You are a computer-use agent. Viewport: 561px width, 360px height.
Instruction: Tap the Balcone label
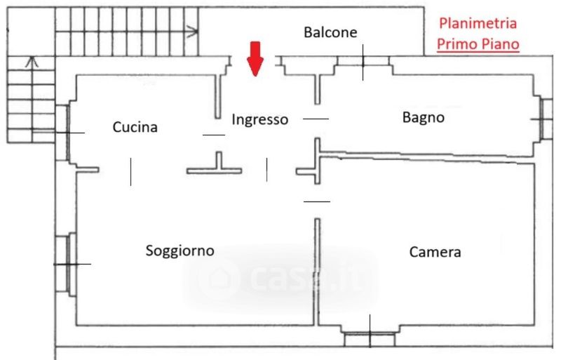pyautogui.click(x=330, y=32)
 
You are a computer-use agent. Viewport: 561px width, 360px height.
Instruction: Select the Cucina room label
pyautogui.click(x=135, y=127)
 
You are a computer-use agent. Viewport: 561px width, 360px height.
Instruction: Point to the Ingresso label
pyautogui.click(x=260, y=119)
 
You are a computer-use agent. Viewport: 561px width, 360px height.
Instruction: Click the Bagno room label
pyautogui.click(x=423, y=117)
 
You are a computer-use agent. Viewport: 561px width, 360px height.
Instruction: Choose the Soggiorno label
pyautogui.click(x=180, y=251)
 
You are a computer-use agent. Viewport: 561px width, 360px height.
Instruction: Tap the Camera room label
pyautogui.click(x=435, y=252)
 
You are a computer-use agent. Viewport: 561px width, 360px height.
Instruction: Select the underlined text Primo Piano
pyautogui.click(x=478, y=44)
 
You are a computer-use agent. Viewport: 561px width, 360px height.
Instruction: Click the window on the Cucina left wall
pyautogui.click(x=62, y=133)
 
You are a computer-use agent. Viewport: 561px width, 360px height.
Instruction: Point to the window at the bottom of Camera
pyautogui.click(x=370, y=338)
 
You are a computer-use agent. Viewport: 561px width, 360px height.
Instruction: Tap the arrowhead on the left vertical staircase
pyautogui.click(x=31, y=62)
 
